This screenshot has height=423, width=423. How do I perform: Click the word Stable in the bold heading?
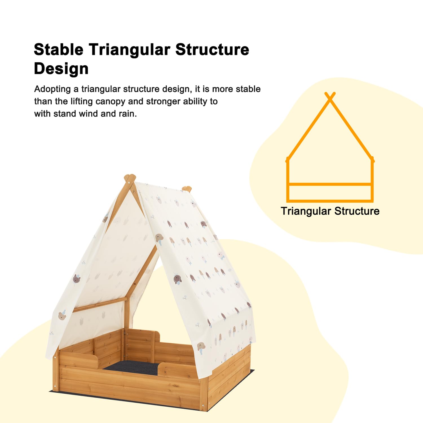click(59, 49)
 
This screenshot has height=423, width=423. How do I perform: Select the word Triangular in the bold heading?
click(130, 50)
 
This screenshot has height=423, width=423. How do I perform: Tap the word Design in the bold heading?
click(61, 69)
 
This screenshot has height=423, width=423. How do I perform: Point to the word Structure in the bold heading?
click(212, 49)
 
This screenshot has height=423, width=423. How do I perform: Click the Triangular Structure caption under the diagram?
click(330, 211)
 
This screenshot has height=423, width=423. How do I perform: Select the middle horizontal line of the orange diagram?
click(330, 184)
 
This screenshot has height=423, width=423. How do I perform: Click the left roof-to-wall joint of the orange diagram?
click(288, 160)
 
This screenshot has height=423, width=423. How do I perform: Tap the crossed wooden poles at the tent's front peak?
click(130, 179)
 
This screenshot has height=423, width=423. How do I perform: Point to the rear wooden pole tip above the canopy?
click(187, 189)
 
